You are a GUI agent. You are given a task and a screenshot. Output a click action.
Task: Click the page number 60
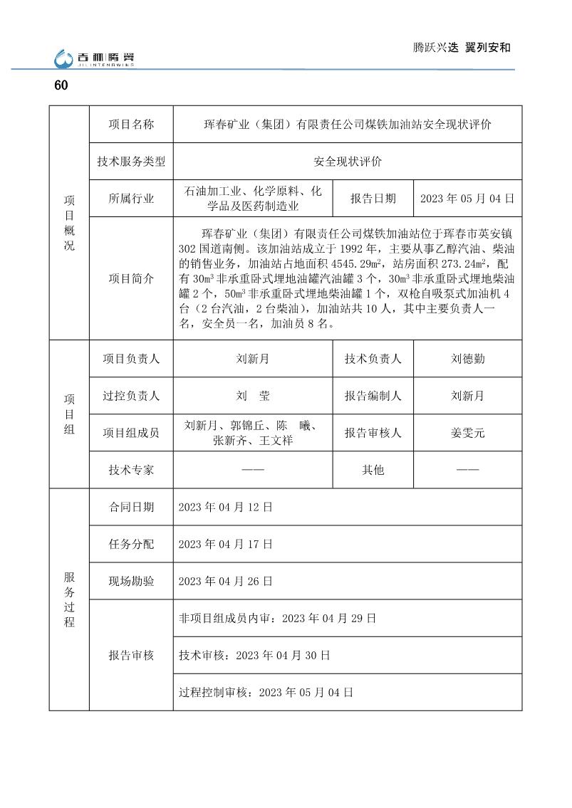(x=61, y=85)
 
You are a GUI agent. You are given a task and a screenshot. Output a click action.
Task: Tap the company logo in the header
(x=94, y=59)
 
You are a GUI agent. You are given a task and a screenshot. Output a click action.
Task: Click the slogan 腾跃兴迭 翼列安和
(x=462, y=48)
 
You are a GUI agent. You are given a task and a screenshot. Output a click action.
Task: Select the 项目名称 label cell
(x=131, y=125)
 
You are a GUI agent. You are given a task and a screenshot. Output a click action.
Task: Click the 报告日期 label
(x=373, y=199)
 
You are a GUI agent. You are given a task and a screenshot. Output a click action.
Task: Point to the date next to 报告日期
(x=467, y=199)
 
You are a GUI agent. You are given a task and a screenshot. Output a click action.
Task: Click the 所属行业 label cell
(x=131, y=199)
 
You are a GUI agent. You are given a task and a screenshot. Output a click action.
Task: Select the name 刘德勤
(x=467, y=359)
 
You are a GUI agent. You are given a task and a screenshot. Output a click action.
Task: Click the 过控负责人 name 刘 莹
(x=252, y=396)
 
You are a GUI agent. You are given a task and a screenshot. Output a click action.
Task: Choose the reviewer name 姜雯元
(x=467, y=432)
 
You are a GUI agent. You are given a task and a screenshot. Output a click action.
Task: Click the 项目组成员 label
(x=131, y=432)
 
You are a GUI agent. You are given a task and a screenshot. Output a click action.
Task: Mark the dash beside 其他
(x=467, y=470)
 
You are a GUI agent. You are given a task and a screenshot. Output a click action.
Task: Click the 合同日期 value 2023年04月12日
(x=225, y=507)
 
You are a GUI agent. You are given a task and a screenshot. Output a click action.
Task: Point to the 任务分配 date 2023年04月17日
(x=225, y=544)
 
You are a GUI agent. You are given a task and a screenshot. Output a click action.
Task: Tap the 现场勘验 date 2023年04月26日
(x=225, y=581)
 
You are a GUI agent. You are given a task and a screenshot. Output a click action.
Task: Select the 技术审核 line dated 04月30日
(x=254, y=655)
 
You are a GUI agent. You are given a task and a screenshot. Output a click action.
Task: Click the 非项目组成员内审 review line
(x=277, y=618)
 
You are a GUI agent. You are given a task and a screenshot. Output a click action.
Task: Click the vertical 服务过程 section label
(x=69, y=599)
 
